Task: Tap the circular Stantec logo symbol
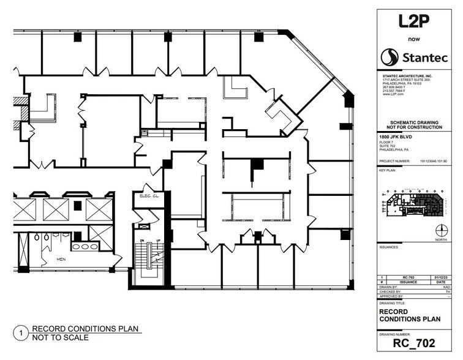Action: click(x=389, y=58)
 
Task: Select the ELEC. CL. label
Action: click(x=149, y=196)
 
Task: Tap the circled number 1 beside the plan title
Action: click(x=22, y=333)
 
